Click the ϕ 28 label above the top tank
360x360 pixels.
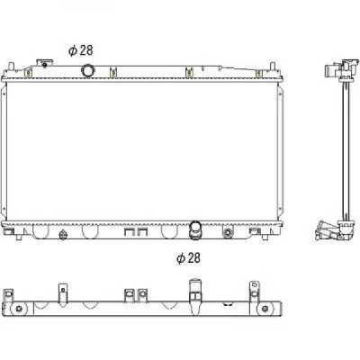[81, 50]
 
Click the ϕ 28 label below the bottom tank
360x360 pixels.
[188, 257]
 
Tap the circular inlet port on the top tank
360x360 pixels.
[88, 71]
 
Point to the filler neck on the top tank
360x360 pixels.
[44, 64]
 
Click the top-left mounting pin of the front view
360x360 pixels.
[11, 66]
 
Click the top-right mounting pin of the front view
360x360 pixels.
[272, 66]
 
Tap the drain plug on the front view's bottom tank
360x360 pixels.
[62, 235]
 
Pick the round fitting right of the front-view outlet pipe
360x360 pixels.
[228, 232]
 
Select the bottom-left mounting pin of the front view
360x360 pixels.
[19, 238]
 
